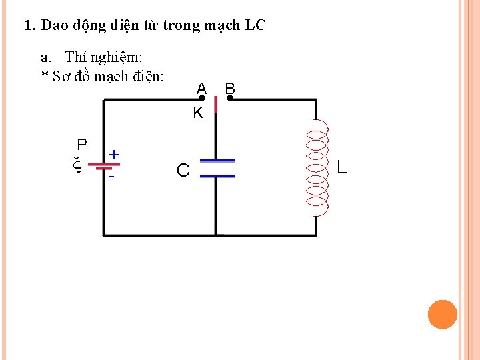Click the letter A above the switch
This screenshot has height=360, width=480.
201,88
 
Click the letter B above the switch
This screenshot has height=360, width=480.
230,88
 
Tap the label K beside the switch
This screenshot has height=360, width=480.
198,113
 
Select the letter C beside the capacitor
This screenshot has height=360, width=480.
183,171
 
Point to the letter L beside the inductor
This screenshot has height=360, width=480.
341,167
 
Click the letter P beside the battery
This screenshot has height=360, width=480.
81,145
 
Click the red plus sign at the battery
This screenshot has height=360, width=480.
114,155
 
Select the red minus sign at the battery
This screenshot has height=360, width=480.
112,177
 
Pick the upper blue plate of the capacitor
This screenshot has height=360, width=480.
217,161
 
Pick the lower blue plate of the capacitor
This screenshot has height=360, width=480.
217,175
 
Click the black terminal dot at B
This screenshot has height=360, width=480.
229,99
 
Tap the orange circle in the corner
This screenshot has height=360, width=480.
442,315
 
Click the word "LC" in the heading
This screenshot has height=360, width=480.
255,26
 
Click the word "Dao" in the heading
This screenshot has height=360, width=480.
53,26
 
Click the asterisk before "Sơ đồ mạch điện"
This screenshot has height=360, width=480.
45,75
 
